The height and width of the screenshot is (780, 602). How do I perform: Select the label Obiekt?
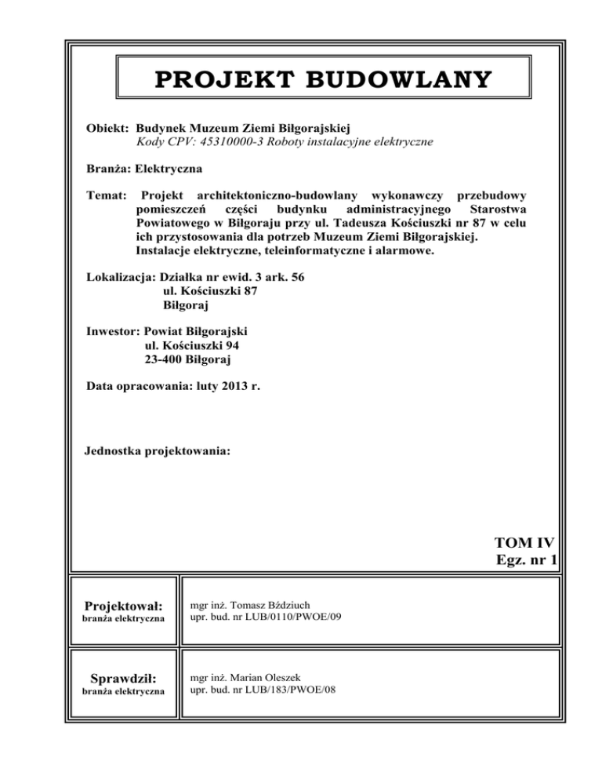click(x=108, y=127)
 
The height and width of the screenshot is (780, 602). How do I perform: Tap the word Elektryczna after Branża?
click(x=169, y=168)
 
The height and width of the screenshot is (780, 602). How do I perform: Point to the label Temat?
click(x=104, y=194)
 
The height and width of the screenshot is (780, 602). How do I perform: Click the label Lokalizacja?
click(x=121, y=277)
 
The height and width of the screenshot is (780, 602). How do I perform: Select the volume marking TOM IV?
click(x=524, y=541)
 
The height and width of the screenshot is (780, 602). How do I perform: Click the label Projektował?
click(x=125, y=606)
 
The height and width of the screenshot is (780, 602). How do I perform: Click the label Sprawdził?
click(x=125, y=678)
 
